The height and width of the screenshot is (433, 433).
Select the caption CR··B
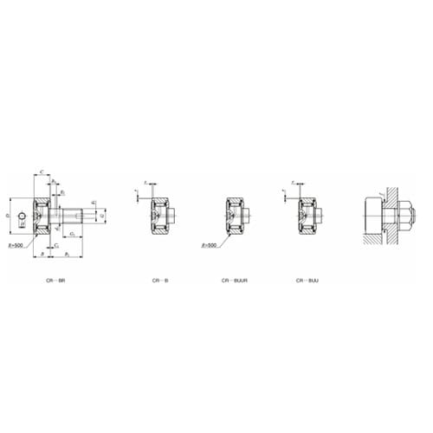[x=160, y=281]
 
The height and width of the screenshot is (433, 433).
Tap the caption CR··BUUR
[x=232, y=281]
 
